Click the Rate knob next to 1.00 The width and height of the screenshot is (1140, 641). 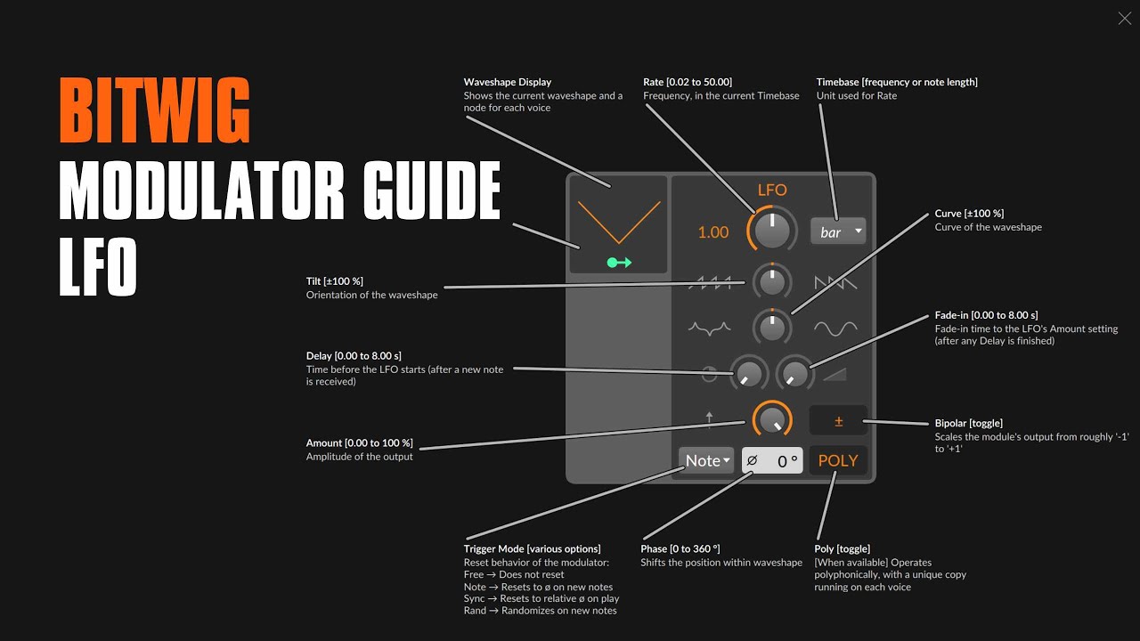point(771,231)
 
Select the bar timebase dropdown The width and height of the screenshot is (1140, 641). point(837,231)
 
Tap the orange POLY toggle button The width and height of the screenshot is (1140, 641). point(837,460)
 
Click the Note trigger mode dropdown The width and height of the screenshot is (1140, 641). point(706,460)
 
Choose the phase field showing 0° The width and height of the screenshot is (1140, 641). point(772,460)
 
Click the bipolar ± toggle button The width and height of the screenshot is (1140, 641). point(838,421)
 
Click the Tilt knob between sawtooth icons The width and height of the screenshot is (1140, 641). point(771,282)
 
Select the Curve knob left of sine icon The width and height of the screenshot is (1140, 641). point(771,328)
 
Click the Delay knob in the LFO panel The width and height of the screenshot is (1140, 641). point(749,374)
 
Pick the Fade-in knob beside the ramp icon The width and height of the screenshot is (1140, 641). point(794,374)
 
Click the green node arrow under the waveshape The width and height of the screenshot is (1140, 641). point(618,262)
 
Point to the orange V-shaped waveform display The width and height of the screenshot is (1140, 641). point(618,222)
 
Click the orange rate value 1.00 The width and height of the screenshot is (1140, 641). point(712,232)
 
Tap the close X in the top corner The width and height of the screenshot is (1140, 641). point(1124,19)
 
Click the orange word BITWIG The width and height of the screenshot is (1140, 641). point(155,112)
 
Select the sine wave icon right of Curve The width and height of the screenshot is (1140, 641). point(835,329)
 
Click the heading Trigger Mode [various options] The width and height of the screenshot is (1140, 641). point(532,548)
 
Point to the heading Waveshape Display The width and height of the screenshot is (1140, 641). point(507,82)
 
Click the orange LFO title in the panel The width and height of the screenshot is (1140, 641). point(771,190)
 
